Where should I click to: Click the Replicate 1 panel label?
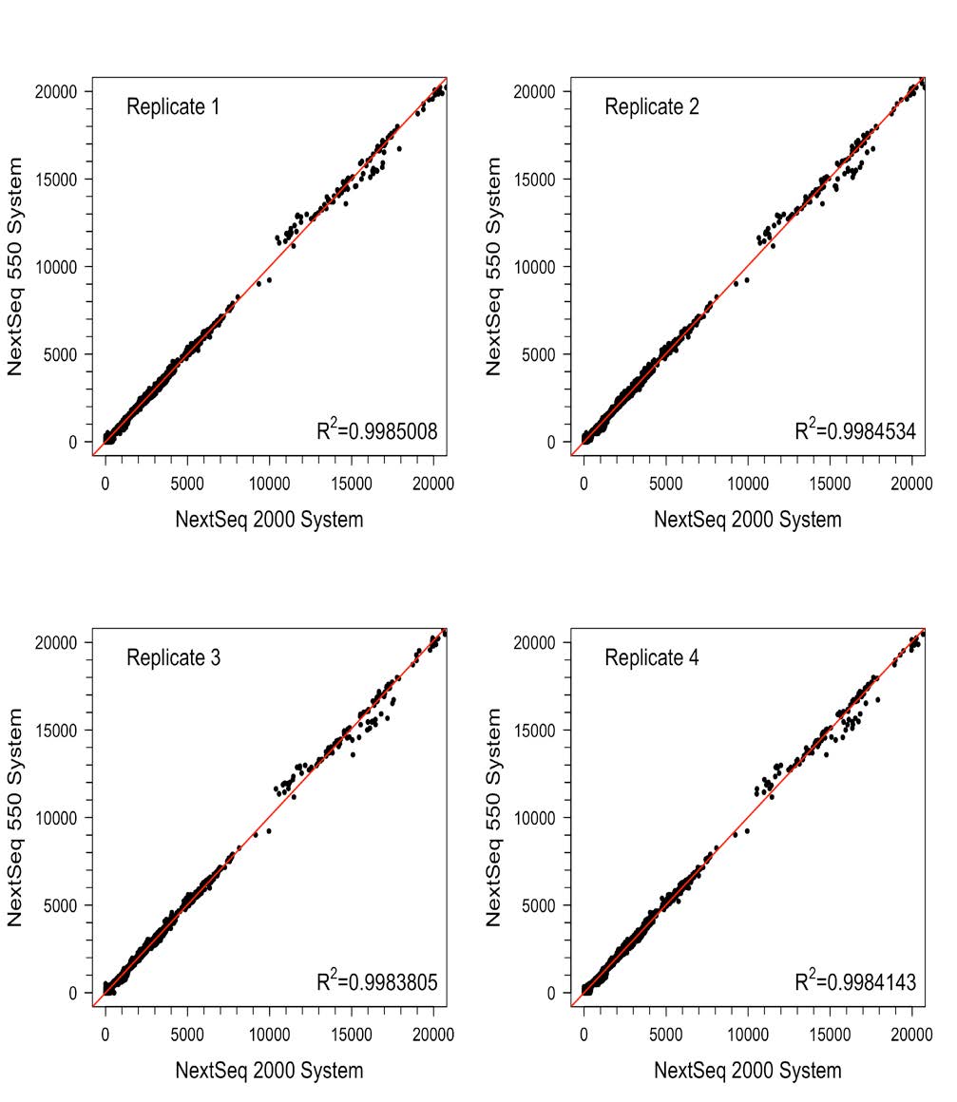point(173,107)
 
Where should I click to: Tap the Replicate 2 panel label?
point(652,107)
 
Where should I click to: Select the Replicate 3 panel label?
point(173,657)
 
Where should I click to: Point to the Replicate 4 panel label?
point(652,657)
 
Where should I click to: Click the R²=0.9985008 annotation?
point(377,432)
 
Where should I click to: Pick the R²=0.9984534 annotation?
point(855,432)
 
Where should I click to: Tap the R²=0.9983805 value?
point(377,982)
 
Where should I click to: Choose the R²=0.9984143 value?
point(855,982)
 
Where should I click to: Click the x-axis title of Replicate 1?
point(269,520)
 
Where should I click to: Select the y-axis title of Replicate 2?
point(493,267)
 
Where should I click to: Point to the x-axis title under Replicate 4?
point(748,1071)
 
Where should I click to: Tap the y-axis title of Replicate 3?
point(15,817)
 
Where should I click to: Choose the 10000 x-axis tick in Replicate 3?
point(269,1034)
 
